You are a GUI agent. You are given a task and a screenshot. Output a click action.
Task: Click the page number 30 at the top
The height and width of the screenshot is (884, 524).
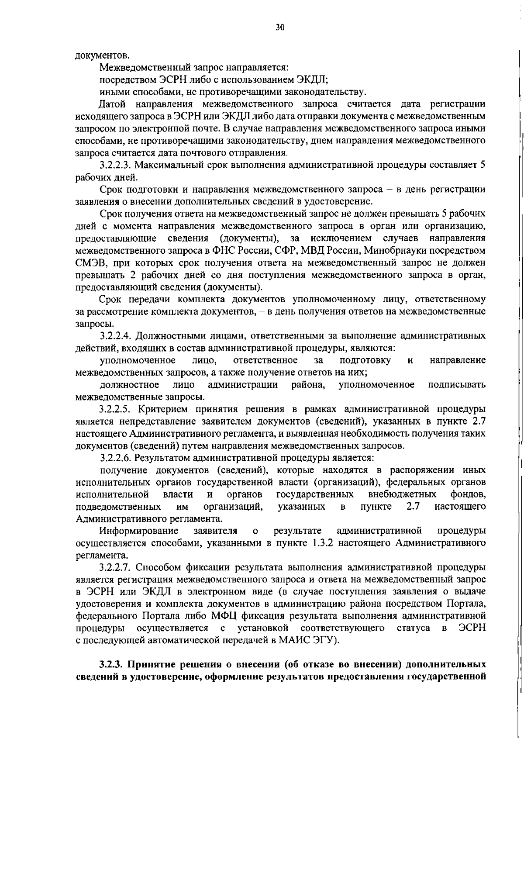pos(280,28)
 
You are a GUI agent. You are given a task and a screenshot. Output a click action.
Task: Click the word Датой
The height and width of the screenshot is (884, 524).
pos(113,104)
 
